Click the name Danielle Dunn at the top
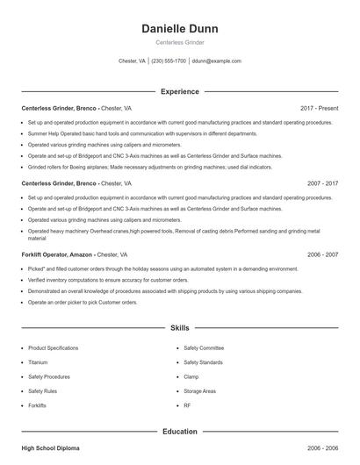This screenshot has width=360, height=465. point(179,28)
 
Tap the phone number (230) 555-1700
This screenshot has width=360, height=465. point(169,61)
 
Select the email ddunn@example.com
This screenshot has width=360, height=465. point(216,61)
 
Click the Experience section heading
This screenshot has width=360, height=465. point(179,91)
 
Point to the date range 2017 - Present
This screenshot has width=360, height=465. point(319,108)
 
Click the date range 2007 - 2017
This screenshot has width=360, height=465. point(322,183)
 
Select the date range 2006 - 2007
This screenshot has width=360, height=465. point(322,254)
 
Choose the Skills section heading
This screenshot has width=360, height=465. point(179,327)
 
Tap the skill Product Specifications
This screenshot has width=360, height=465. point(54,347)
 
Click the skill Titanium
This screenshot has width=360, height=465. point(38,361)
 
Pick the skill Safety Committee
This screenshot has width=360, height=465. point(204,347)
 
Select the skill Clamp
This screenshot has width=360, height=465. point(191,376)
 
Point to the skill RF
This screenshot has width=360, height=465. point(187,405)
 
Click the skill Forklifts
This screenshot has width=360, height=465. point(37,405)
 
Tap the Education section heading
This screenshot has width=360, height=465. point(179,431)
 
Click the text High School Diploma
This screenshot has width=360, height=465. point(50,448)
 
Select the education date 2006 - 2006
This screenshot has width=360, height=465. point(322,448)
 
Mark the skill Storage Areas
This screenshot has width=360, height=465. point(199,390)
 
